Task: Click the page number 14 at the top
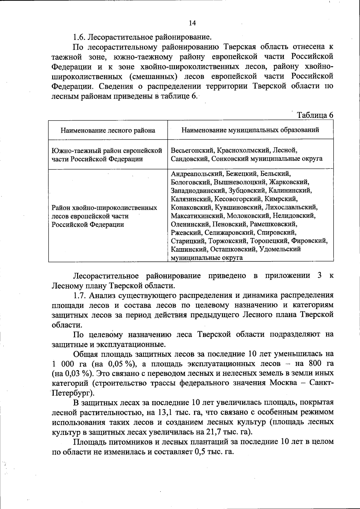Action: click(192, 23)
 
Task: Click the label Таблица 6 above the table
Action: click(315, 115)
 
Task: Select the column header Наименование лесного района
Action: click(108, 130)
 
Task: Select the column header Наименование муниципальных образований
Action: click(250, 130)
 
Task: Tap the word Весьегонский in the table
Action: click(193, 150)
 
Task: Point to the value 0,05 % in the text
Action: click(120, 364)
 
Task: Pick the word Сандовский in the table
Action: click(190, 158)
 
